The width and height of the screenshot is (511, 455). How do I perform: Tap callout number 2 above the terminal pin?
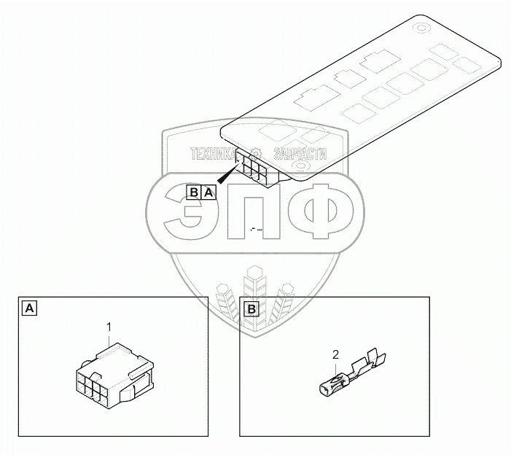[x=335, y=355]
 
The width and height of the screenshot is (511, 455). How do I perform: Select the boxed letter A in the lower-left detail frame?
[x=28, y=308]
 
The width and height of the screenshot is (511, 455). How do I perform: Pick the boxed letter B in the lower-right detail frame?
[x=251, y=308]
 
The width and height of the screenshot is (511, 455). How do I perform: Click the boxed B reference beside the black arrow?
[x=195, y=192]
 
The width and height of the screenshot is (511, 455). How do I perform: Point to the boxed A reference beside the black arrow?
[x=208, y=192]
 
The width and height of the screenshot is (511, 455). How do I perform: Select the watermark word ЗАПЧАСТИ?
[x=299, y=154]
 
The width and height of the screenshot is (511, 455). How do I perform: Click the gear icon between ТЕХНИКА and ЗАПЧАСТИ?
[x=256, y=154]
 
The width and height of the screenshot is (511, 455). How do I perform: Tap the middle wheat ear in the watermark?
[x=255, y=292]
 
